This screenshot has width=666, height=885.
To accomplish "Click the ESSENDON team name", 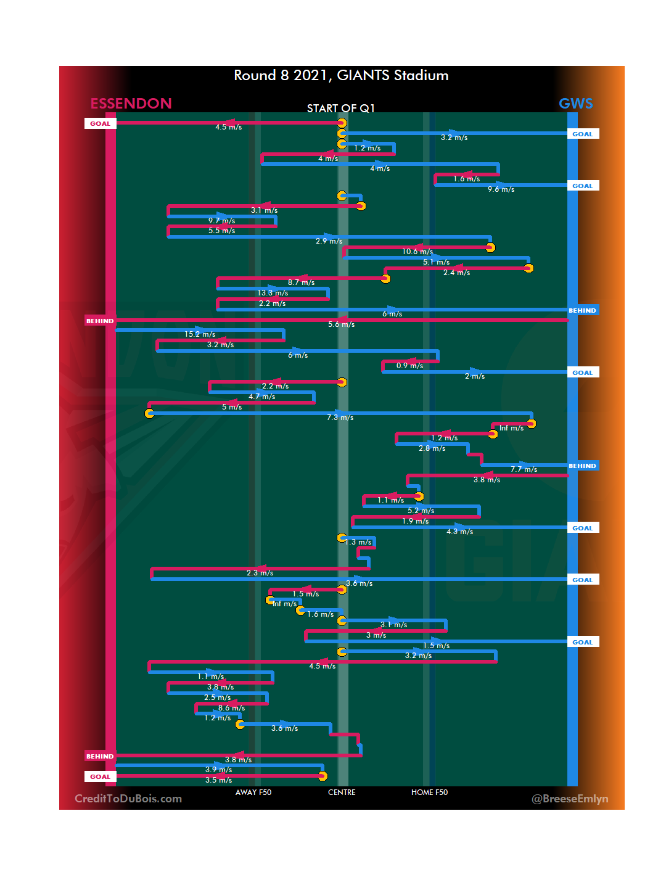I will (x=131, y=104).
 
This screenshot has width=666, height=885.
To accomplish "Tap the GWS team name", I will (x=575, y=104).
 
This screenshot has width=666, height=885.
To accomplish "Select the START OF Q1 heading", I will (x=341, y=109).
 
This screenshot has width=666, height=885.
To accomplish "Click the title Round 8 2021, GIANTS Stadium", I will (x=341, y=75).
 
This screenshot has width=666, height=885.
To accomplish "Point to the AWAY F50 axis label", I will (x=253, y=792).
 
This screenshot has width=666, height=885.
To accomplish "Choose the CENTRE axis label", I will (x=342, y=792).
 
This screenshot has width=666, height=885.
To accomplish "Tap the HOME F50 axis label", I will (x=429, y=792).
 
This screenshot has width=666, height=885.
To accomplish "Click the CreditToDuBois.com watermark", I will (x=128, y=799).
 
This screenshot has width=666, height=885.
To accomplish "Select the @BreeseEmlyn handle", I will (x=570, y=799).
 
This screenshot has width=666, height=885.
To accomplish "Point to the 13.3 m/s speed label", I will (x=273, y=293).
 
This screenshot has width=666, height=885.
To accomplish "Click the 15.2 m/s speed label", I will (x=200, y=334).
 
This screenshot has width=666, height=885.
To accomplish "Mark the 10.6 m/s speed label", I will (x=417, y=252).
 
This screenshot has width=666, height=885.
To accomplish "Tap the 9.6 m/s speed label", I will (x=501, y=189).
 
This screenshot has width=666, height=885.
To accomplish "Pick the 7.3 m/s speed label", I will (x=340, y=418).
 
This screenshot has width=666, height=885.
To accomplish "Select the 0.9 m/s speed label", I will (x=409, y=366).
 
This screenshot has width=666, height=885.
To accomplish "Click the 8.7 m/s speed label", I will (x=301, y=282).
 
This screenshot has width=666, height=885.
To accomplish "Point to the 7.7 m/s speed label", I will (x=524, y=469).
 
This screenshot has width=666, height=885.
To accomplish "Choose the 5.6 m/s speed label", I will (x=341, y=324).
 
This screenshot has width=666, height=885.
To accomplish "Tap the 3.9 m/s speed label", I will (x=218, y=770).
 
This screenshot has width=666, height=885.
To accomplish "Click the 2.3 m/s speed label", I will (x=260, y=573).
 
